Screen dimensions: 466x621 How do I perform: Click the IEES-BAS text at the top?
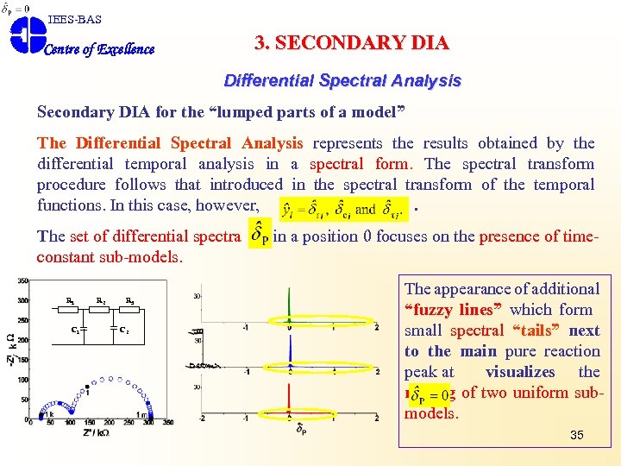[x=74, y=19]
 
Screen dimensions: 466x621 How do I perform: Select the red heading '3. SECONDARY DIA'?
[x=352, y=43]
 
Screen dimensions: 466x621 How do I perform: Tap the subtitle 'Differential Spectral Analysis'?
[x=342, y=81]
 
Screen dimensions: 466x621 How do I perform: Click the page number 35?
[x=576, y=435]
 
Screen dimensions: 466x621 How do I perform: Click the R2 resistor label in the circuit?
[x=101, y=301]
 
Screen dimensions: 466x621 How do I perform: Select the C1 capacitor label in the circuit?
[x=76, y=330]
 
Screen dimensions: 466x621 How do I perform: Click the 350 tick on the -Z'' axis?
[x=22, y=281]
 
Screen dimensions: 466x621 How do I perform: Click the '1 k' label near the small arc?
[x=49, y=414]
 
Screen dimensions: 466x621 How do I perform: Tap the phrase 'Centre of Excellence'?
[x=98, y=49]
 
